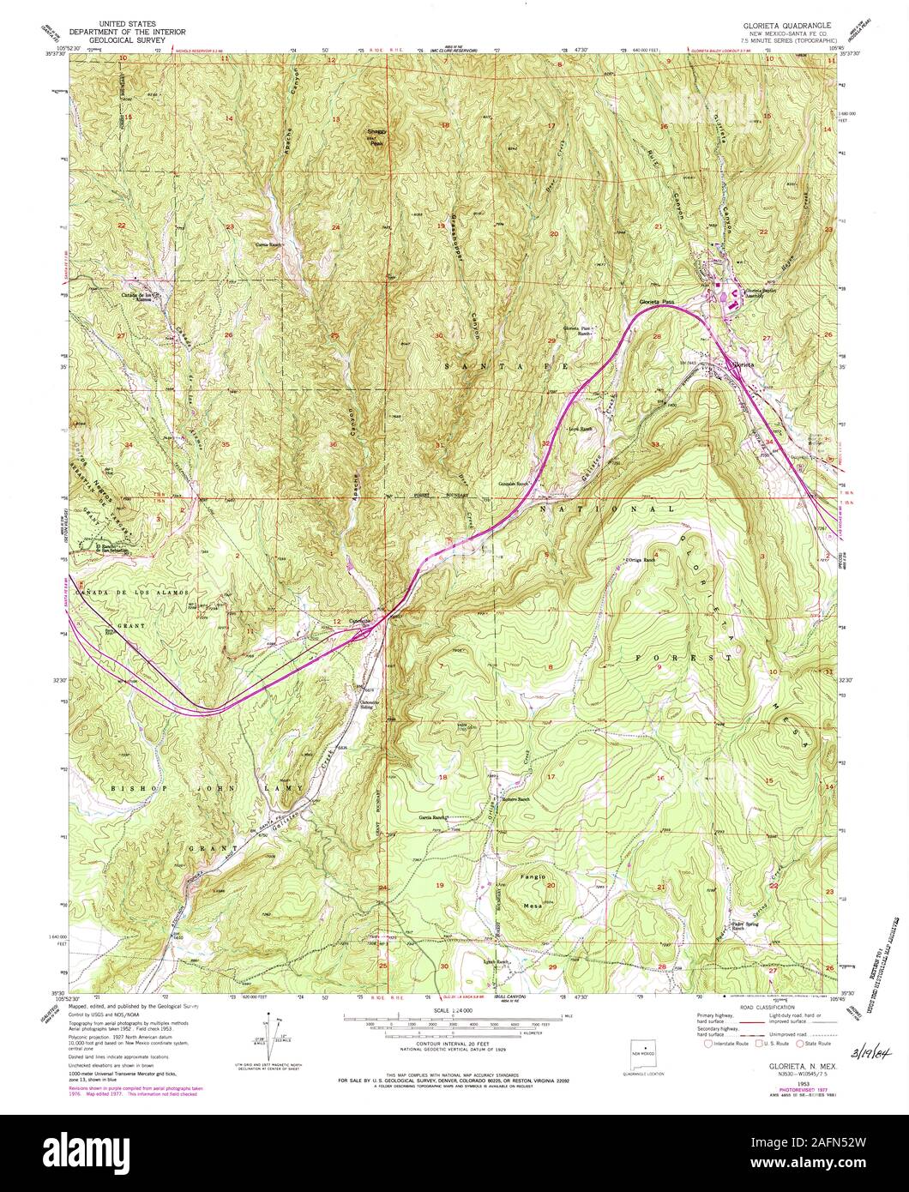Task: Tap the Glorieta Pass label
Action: [x=659, y=302]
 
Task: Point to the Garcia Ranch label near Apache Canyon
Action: [x=268, y=244]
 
